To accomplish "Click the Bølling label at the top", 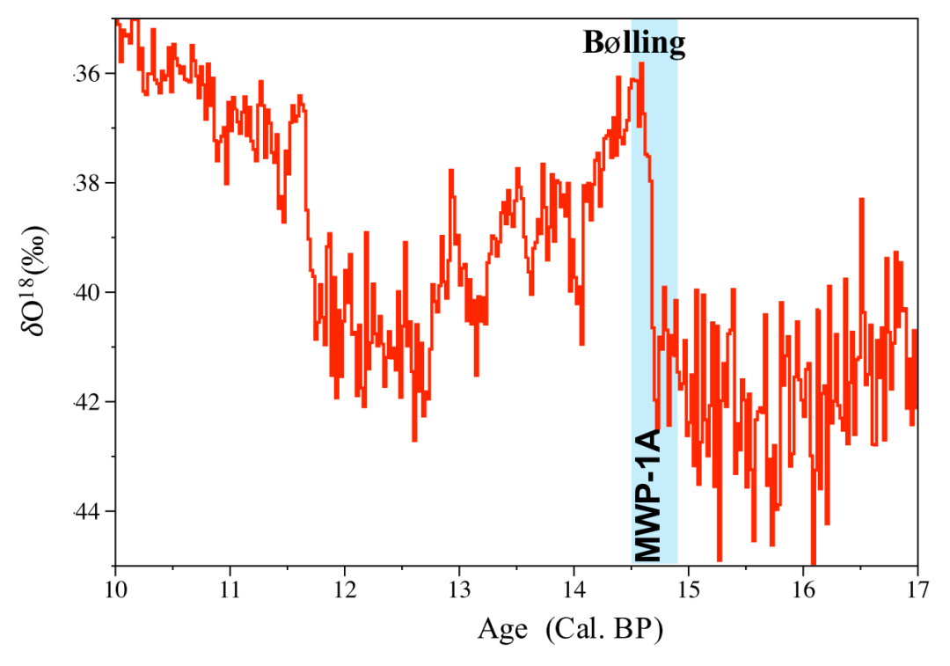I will (633, 43).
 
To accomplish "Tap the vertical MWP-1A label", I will (647, 495).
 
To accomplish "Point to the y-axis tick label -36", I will (88, 73).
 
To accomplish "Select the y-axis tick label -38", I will (88, 183).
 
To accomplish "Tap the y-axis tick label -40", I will (88, 292).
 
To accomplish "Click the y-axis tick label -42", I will (88, 402).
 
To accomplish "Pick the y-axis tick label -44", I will (88, 511).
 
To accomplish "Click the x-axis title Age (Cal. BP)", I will (569, 629).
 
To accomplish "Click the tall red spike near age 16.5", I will (861, 200).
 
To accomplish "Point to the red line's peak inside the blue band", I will (642, 64).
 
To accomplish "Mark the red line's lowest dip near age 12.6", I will (414, 439).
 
